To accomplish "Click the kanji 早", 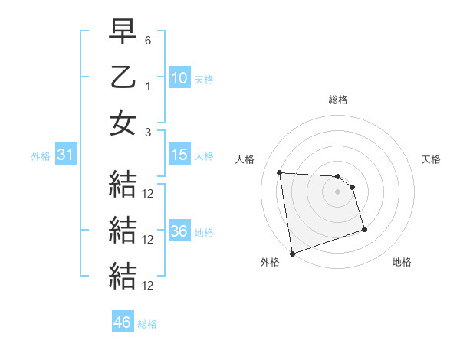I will click(123, 32).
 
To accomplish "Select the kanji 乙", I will click(123, 77).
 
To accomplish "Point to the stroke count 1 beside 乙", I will click(148, 85).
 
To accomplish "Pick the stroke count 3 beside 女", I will click(148, 131).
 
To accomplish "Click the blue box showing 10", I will click(179, 77).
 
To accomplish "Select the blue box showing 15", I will click(179, 155).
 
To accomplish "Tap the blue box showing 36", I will click(179, 231).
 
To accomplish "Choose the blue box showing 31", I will click(66, 155).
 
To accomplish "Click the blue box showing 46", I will click(123, 322).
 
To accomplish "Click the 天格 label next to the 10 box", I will click(203, 79).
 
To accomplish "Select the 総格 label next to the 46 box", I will click(147, 324).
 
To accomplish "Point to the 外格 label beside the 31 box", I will click(41, 156).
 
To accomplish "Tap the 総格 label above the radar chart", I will click(337, 100).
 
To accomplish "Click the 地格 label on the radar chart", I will click(402, 262).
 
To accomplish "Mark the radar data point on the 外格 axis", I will click(291, 253).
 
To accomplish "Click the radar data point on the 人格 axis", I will click(279, 172).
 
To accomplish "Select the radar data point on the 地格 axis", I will click(364, 229).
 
